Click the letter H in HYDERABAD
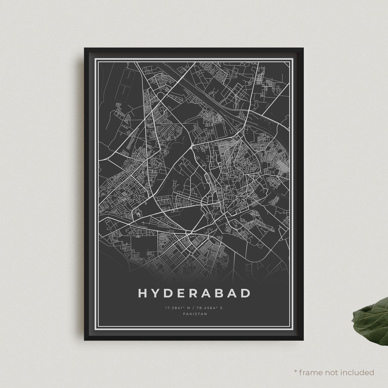[143, 293]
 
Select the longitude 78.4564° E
[210, 308]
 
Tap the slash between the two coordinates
[194, 308]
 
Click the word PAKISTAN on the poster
[195, 314]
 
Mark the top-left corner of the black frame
[85, 48]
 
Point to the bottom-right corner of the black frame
[303, 340]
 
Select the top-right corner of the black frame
[303, 48]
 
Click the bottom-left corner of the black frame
[85, 340]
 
